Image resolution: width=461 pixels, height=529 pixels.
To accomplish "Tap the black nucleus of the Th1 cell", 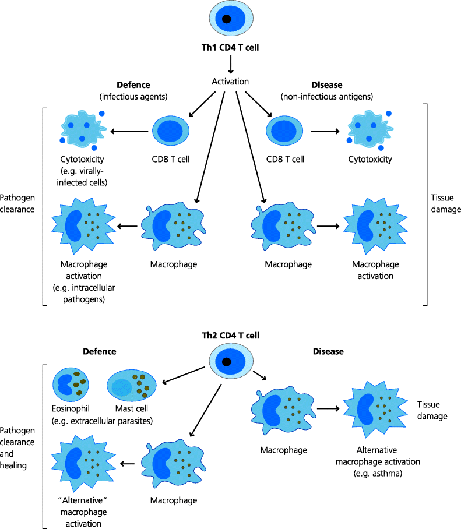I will (227, 19).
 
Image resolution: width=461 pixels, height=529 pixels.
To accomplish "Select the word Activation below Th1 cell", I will (230, 81).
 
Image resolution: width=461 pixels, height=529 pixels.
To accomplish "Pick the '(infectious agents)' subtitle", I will (133, 96).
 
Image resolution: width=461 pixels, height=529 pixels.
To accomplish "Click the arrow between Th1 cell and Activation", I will (230, 65).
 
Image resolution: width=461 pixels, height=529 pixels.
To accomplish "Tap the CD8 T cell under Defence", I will (171, 132).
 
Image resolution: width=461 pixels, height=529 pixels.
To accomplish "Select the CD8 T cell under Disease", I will (285, 132).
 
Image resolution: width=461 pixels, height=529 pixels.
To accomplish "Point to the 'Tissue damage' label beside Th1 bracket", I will (445, 203).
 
